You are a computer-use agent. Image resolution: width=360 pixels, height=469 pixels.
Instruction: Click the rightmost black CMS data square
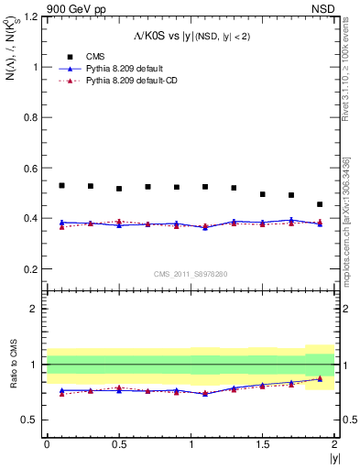click(x=320, y=204)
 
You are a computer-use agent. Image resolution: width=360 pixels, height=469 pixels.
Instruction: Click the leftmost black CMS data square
click(x=61, y=185)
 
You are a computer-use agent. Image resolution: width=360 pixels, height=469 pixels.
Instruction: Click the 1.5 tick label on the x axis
click(x=262, y=444)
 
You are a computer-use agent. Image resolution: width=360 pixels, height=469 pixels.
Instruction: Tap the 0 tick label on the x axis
click(x=47, y=444)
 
